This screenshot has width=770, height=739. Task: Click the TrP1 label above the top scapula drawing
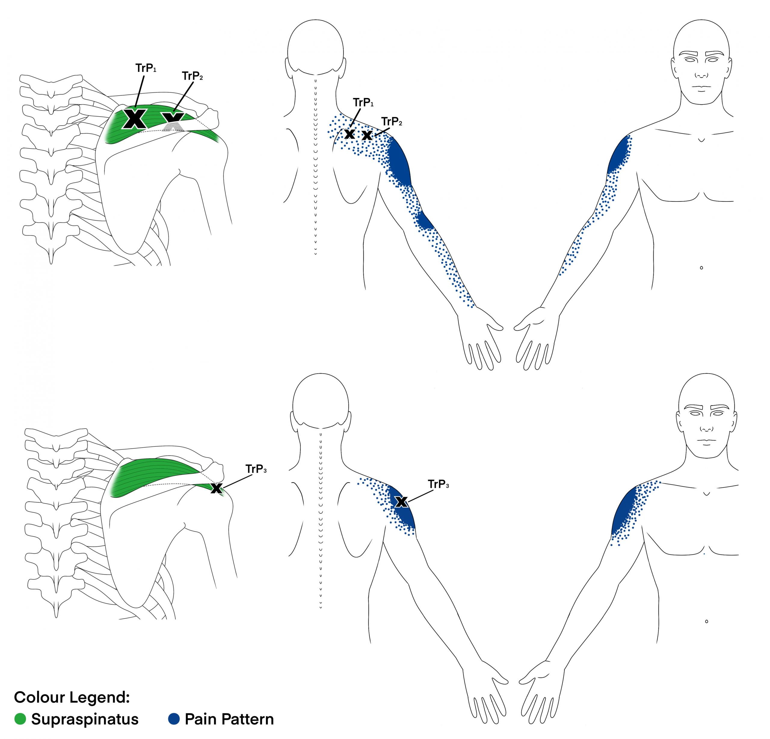(146, 68)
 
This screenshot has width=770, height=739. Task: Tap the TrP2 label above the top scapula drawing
(192, 76)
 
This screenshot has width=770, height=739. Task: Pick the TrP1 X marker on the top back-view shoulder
(350, 134)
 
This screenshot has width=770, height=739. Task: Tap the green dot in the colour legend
(20, 719)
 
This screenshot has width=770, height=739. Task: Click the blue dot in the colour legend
(174, 719)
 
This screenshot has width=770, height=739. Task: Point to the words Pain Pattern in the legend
(229, 719)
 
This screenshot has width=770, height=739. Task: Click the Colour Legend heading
(72, 697)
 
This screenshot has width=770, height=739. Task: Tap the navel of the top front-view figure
(701, 268)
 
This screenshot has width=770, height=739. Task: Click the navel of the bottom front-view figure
(706, 621)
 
